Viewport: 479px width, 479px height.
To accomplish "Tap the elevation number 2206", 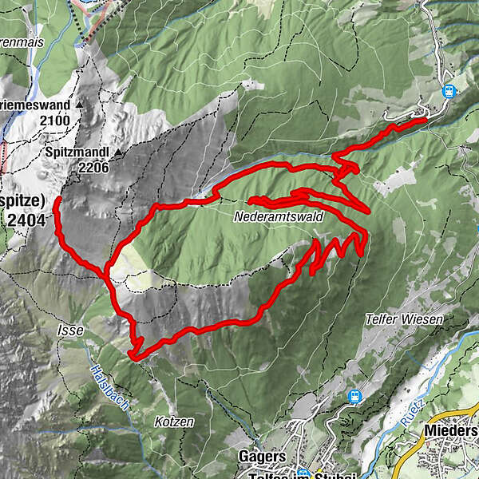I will [93, 168].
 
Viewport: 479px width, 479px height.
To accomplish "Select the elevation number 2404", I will [31, 218].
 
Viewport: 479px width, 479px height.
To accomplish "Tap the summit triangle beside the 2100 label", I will [80, 105].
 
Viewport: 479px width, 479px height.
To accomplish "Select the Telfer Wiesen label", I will [404, 319].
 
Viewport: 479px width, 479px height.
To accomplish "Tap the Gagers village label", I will [262, 457].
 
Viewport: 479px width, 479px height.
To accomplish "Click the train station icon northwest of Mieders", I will [354, 394].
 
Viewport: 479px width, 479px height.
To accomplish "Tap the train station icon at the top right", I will [448, 92].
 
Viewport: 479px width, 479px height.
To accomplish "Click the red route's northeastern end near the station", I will [424, 120].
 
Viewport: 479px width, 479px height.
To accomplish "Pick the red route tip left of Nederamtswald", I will [251, 200].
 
